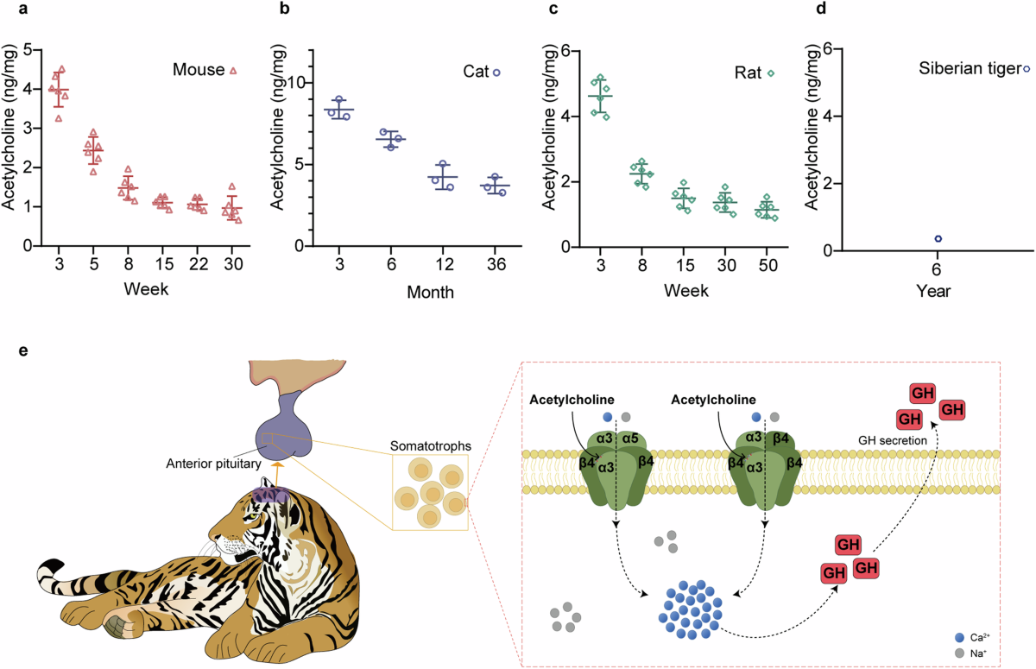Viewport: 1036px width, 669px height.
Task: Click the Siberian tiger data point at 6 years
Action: pos(938,238)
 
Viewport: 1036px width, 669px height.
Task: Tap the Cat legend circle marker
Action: pos(496,73)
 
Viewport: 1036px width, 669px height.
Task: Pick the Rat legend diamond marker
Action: pos(771,73)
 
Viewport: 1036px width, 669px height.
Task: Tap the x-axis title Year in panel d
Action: pos(934,291)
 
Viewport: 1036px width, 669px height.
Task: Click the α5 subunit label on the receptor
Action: pos(629,437)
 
